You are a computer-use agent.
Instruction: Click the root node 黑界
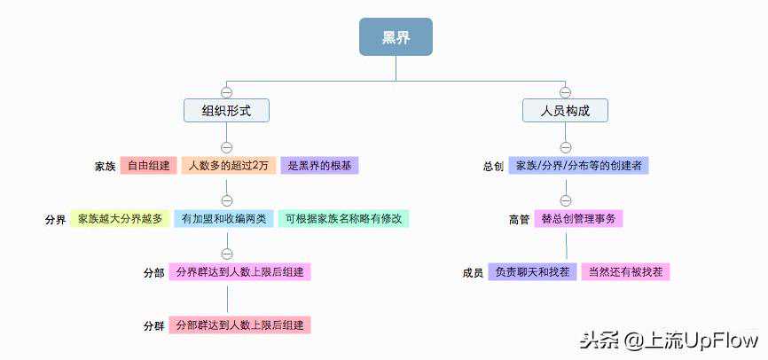pyautogui.click(x=396, y=37)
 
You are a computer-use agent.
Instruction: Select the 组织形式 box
pyautogui.click(x=226, y=110)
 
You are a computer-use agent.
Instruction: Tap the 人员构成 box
pyautogui.click(x=565, y=110)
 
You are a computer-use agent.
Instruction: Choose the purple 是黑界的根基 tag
pyautogui.click(x=320, y=166)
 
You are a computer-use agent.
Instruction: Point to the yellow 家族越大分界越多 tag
pyautogui.click(x=120, y=218)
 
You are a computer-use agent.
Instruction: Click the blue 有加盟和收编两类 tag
pyautogui.click(x=223, y=218)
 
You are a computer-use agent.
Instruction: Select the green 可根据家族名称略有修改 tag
pyautogui.click(x=343, y=218)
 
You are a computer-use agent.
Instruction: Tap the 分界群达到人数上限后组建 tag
pyautogui.click(x=240, y=271)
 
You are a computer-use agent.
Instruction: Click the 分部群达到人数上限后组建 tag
pyautogui.click(x=240, y=325)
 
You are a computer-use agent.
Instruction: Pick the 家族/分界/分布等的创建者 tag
pyautogui.click(x=579, y=166)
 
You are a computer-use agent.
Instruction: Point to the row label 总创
pyautogui.click(x=493, y=167)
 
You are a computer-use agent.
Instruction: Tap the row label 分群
pyautogui.click(x=153, y=325)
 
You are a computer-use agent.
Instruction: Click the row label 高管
pyautogui.click(x=519, y=219)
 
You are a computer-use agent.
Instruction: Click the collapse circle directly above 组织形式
pyautogui.click(x=226, y=91)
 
